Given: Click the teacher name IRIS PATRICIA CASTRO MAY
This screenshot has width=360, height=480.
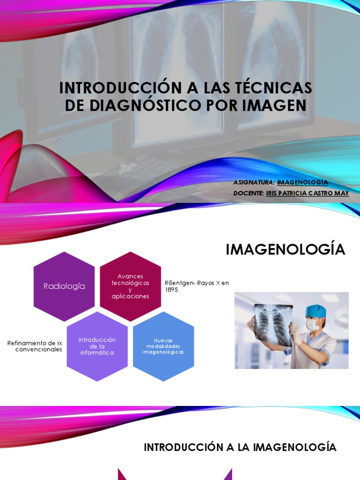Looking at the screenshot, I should point(307,193).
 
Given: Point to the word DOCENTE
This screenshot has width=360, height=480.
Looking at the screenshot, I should point(248,193).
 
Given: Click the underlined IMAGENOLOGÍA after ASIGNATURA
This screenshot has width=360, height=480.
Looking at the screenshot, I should point(302,182).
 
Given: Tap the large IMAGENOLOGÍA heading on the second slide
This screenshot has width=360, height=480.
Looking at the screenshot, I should point(285,250).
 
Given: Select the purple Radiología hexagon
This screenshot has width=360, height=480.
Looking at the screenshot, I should point(64,286).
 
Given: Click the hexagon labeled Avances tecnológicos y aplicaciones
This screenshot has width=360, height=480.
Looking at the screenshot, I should point(131,286).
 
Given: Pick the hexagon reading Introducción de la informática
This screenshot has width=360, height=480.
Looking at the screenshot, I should point(97,346).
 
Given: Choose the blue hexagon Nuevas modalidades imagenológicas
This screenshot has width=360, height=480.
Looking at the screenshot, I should point(163,346).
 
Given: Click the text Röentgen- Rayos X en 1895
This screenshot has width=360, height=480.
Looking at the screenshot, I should point(197,286).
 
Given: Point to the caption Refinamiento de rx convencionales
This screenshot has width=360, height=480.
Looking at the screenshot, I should point(35,346).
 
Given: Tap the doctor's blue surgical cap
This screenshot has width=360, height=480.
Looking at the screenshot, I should point(315,311).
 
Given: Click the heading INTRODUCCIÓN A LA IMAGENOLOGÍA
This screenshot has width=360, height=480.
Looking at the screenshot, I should point(240,447).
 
